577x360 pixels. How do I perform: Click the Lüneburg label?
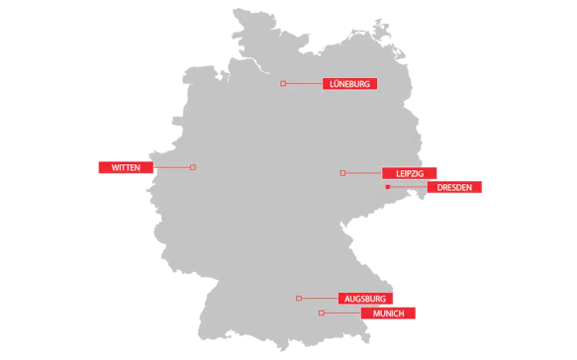(349, 84)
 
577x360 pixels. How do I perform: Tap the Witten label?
(126, 167)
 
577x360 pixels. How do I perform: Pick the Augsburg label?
(365, 298)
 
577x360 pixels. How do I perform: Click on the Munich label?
(389, 314)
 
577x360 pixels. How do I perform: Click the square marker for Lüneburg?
(283, 84)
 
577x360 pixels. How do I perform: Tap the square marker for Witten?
(193, 167)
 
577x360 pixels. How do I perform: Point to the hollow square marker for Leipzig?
(342, 173)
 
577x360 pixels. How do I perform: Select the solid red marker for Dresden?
(388, 187)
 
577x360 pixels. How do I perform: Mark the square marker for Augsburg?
(299, 298)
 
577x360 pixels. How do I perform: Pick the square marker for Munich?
(322, 314)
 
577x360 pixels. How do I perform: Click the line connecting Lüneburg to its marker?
(304, 84)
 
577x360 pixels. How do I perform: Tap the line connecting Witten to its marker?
(172, 167)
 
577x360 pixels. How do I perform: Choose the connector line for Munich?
(342, 314)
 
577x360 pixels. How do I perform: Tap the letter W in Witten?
(115, 167)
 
